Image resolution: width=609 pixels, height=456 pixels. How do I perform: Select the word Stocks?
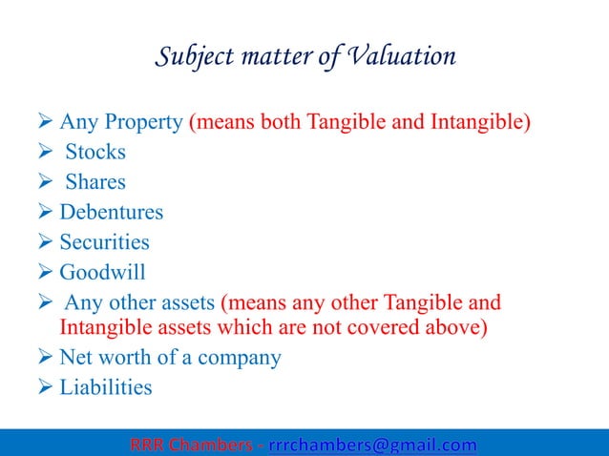pyautogui.click(x=95, y=152)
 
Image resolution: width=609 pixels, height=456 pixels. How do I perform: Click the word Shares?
pyautogui.click(x=95, y=182)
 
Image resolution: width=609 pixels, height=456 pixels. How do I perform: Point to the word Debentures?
pyautogui.click(x=112, y=212)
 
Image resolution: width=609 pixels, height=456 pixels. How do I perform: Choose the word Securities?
pyautogui.click(x=105, y=242)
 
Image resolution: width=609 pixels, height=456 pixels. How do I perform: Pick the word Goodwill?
pyautogui.click(x=103, y=273)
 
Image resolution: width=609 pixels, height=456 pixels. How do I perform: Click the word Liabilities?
pyautogui.click(x=106, y=387)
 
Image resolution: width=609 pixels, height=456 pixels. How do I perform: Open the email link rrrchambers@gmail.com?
pyautogui.click(x=372, y=445)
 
